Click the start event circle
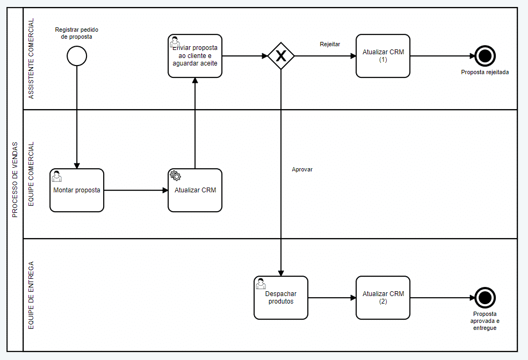click(x=77, y=56)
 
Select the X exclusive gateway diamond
click(x=281, y=56)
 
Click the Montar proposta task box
click(x=77, y=190)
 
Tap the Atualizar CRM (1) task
click(x=383, y=56)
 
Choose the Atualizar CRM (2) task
click(x=383, y=298)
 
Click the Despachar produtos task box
click(x=281, y=298)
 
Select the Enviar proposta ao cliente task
click(x=195, y=56)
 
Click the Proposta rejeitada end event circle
click(x=485, y=56)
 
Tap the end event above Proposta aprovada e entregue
click(x=485, y=298)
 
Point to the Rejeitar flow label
click(x=330, y=45)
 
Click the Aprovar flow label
click(x=302, y=169)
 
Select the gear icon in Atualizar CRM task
click(x=175, y=175)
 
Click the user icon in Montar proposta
click(x=56, y=176)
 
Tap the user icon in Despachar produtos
click(x=261, y=283)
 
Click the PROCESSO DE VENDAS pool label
click(x=15, y=179)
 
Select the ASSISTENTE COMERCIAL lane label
click(x=31, y=59)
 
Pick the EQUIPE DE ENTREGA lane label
click(x=31, y=295)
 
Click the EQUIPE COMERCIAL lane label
click(x=31, y=174)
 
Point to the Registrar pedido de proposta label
click(x=77, y=33)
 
